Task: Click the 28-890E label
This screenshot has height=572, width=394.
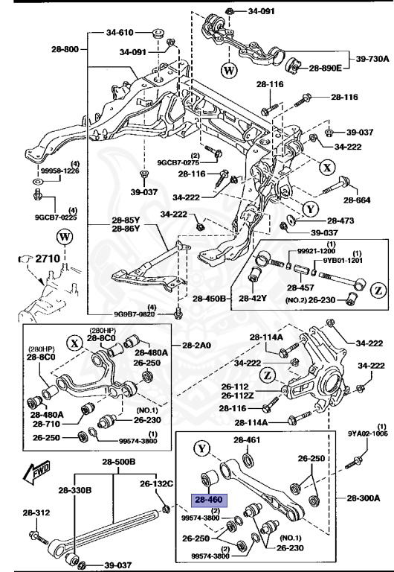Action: coord(325,68)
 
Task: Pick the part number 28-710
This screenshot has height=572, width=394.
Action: coord(45,425)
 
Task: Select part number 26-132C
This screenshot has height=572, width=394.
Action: coord(157,483)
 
